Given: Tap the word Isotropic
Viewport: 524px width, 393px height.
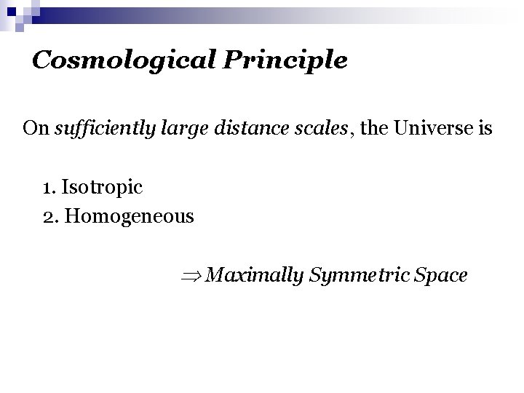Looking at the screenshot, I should point(103,188).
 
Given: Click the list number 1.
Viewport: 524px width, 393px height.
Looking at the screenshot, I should point(48,188).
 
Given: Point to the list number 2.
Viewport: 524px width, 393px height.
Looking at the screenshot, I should point(49,217).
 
